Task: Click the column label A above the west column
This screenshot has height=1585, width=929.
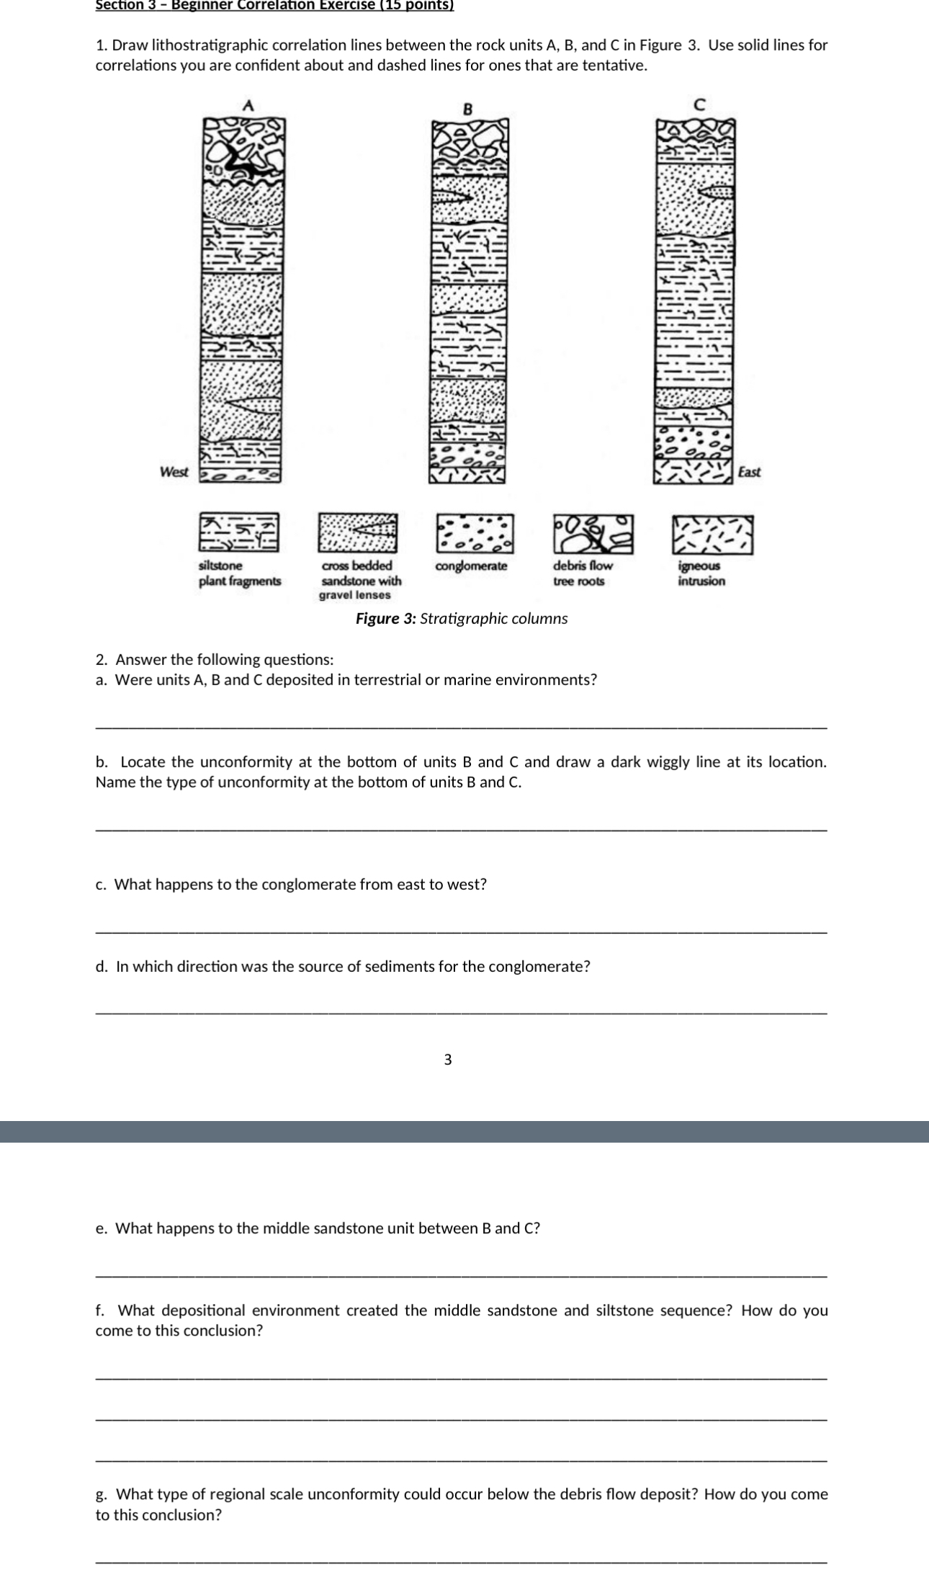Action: [x=248, y=105]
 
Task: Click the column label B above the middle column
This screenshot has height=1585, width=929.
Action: [x=467, y=110]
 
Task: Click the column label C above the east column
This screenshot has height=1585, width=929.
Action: [x=697, y=104]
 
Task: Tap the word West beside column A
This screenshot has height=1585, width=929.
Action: [x=174, y=472]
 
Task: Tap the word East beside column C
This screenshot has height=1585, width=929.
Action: [x=749, y=472]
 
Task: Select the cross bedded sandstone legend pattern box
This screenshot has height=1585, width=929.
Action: [x=358, y=533]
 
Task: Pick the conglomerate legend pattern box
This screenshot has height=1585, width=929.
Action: [x=475, y=533]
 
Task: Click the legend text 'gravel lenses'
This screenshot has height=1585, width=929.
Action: [x=354, y=595]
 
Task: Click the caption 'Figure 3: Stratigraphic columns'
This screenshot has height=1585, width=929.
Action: [x=462, y=619]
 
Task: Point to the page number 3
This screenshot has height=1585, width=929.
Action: [x=448, y=1059]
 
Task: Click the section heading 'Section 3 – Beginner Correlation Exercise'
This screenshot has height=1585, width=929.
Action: [x=274, y=5]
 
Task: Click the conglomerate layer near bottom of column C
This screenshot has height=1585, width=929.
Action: [x=694, y=442]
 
